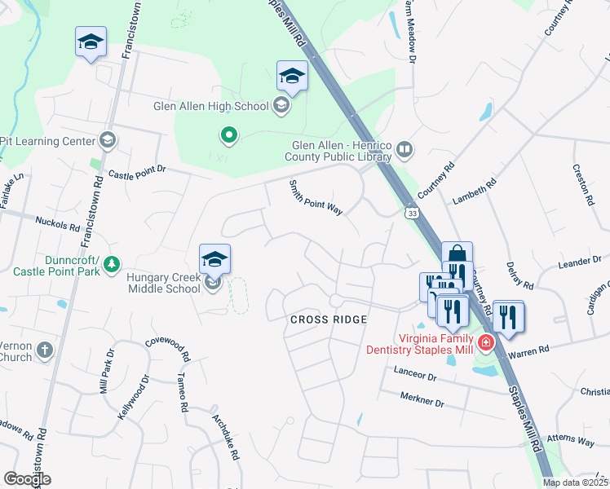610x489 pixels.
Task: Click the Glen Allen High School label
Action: (x=210, y=106)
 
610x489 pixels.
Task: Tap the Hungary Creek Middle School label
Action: (x=163, y=283)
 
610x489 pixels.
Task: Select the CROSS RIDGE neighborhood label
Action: (x=329, y=319)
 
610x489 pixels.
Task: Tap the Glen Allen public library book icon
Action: (x=404, y=149)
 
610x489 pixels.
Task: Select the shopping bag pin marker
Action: (x=457, y=254)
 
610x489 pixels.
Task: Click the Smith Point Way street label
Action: (x=316, y=198)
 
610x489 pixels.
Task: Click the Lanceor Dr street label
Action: (x=415, y=377)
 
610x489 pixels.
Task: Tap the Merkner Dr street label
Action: (x=422, y=401)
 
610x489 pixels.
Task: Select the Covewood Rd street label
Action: (x=167, y=350)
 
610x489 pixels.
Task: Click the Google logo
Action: (x=27, y=479)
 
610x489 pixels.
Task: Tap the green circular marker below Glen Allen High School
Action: (x=230, y=135)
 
